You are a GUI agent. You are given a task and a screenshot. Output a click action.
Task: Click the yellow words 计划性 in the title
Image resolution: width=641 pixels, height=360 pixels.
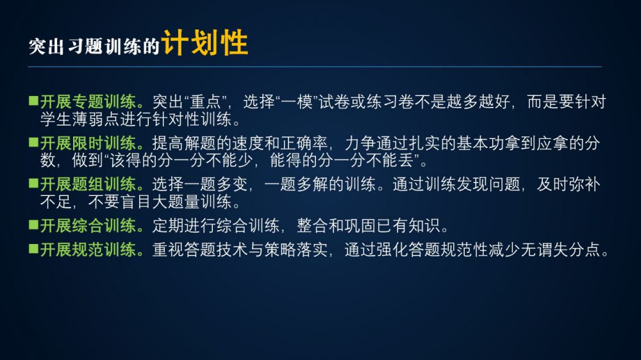pyautogui.click(x=205, y=42)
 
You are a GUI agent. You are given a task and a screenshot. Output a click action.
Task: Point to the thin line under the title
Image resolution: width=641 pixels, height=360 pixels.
pyautogui.click(x=315, y=66)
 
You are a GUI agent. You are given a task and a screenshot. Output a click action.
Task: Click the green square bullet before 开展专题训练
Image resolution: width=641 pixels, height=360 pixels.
pyautogui.click(x=33, y=101)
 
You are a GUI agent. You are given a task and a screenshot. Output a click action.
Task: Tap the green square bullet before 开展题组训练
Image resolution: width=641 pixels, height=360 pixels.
pyautogui.click(x=33, y=183)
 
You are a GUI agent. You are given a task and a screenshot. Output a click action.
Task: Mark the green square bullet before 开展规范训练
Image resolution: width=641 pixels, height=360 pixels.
pyautogui.click(x=33, y=249)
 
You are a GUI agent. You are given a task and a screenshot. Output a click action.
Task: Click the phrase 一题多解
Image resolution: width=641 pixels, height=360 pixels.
pyautogui.click(x=296, y=184)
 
